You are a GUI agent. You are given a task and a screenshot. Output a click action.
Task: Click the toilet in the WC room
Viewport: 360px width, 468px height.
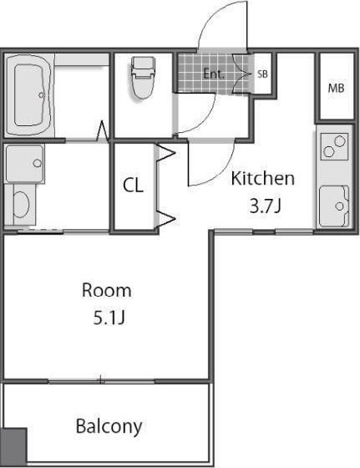coord(143,78)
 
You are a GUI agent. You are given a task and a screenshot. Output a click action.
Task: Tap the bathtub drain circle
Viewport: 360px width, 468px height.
coord(41,95)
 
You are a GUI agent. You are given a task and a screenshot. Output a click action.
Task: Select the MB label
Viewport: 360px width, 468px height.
coord(336,88)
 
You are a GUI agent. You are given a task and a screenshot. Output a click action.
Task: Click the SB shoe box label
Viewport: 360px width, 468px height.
coord(262,74)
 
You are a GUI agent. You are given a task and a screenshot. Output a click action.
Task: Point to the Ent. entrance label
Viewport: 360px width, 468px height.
coord(214,74)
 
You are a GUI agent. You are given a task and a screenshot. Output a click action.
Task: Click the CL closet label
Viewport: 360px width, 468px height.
coord(133,185)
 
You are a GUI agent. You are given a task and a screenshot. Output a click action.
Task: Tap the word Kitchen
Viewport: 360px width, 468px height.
coord(263,178)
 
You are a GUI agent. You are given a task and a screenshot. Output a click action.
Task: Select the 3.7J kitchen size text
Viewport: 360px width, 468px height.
coord(265,206)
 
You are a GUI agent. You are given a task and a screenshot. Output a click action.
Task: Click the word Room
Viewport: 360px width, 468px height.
coord(106,290)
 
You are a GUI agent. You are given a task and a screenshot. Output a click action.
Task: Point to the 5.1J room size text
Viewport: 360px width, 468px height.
coord(109,318)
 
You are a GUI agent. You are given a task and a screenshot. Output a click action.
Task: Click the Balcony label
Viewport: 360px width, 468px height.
coord(109,427)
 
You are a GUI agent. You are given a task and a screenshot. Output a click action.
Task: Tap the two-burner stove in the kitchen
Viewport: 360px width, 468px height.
coord(334,146)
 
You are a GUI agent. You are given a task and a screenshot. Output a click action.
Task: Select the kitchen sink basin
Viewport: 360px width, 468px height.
coord(334,206)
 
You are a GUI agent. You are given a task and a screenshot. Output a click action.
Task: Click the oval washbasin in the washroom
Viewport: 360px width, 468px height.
coord(21,205)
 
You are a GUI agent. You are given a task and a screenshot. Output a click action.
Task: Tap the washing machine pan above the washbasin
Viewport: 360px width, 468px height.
coord(25,163)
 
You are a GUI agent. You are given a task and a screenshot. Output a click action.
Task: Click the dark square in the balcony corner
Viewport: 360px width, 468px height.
coord(13,445)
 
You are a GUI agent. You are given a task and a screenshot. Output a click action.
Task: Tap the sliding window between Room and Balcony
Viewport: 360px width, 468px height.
coord(101,381)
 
